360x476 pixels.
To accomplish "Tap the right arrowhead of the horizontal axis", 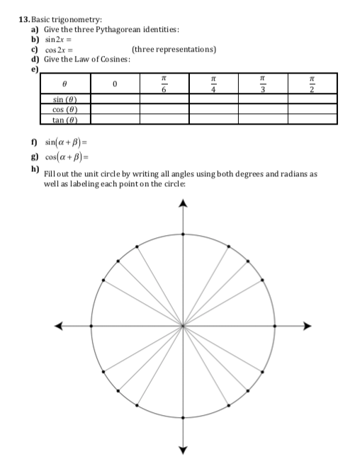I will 307,327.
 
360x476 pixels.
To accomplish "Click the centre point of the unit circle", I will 184,327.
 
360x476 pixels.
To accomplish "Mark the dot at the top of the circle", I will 184,234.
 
